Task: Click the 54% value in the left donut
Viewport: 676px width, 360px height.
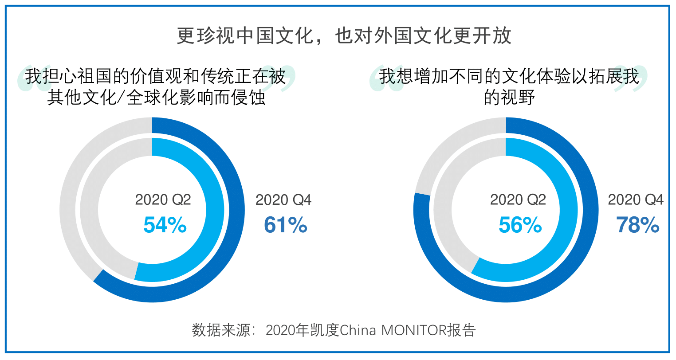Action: point(165,225)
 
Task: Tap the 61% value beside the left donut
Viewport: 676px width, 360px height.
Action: point(285,225)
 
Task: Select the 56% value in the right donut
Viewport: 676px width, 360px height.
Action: point(520,225)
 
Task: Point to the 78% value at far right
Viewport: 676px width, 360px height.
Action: point(637,225)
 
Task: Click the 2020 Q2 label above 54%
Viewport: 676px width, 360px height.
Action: point(163,200)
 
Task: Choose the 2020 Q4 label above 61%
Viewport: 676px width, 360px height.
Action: point(283,200)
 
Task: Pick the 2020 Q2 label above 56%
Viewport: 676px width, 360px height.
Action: point(518,200)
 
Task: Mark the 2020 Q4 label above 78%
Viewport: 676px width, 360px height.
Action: point(636,200)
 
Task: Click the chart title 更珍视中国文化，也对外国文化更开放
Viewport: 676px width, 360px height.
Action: point(344,35)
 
